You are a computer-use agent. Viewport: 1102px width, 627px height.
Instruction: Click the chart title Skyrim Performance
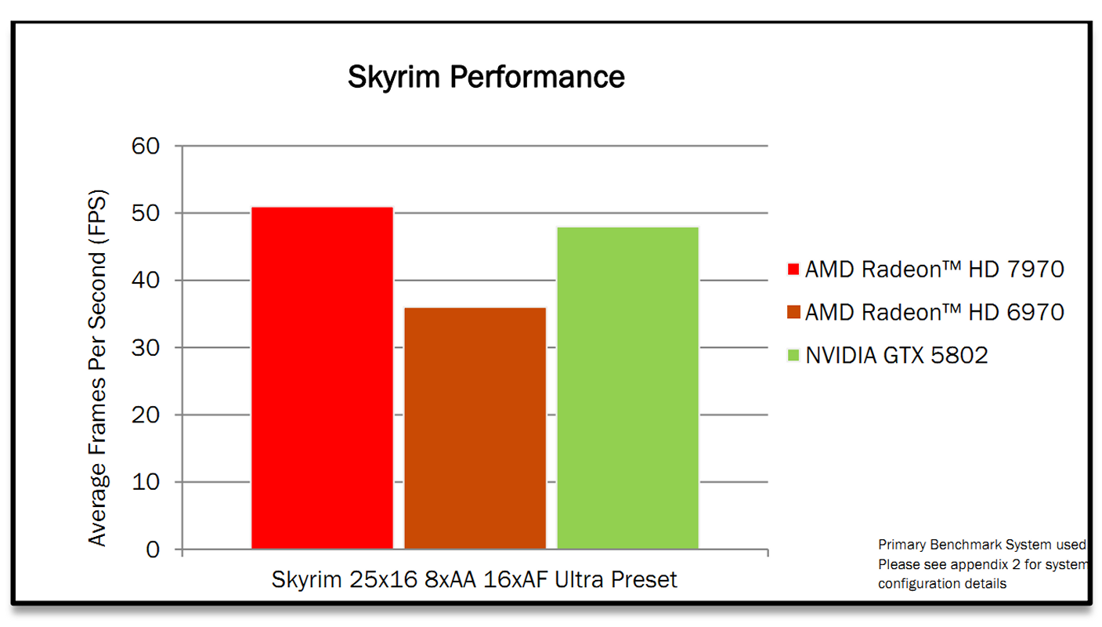tap(486, 78)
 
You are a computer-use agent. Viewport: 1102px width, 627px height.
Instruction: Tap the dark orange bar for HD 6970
tap(475, 428)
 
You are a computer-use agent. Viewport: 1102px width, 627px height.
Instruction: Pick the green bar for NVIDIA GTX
tap(627, 388)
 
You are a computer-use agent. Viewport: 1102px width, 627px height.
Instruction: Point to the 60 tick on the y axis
tap(146, 147)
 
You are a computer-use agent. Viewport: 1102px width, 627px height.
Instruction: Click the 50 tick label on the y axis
tap(146, 213)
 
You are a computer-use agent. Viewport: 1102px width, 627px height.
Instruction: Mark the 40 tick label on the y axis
tap(146, 281)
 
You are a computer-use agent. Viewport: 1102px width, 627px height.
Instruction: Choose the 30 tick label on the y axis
tap(146, 347)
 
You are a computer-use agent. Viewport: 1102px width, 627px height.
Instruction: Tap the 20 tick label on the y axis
tap(146, 415)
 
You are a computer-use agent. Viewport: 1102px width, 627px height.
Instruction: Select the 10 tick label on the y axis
tap(146, 482)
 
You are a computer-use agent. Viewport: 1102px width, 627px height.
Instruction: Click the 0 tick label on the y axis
tap(152, 549)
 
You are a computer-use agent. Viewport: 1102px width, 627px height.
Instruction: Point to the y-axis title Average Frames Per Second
tap(97, 368)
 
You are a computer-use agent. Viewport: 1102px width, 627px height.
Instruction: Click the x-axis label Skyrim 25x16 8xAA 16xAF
tap(474, 580)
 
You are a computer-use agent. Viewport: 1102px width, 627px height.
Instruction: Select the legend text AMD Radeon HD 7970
tap(934, 270)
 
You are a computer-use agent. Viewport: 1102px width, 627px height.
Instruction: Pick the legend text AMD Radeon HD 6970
tap(934, 313)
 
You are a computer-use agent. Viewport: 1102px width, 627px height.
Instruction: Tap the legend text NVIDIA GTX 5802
tap(897, 356)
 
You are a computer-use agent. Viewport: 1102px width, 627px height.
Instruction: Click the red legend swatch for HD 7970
tap(793, 270)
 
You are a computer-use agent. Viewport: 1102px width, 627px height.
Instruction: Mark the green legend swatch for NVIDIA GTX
tap(793, 356)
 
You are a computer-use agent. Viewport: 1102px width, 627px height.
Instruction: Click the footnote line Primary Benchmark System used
tap(981, 545)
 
